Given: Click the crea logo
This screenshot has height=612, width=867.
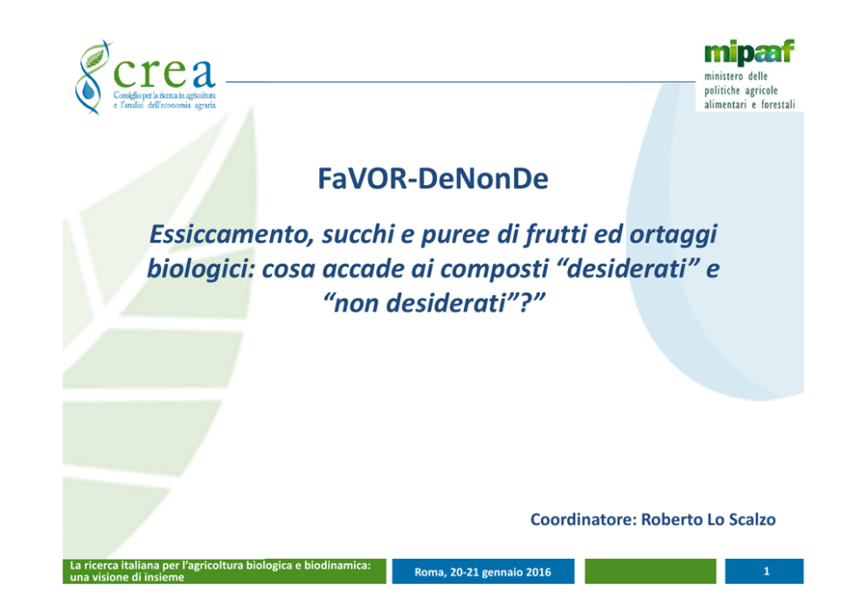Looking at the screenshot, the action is pos(145,78).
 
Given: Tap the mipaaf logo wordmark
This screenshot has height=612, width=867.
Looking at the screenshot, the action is pos(749,52).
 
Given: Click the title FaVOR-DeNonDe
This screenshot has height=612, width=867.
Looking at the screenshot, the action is pos(433,178).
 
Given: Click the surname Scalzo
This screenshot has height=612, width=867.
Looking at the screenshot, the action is pos(752,519).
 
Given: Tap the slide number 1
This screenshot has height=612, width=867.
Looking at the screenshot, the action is pos(766,571).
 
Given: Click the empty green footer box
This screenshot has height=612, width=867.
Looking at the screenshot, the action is pos(650,571).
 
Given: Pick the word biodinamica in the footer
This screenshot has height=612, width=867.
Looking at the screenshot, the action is pos(337,565).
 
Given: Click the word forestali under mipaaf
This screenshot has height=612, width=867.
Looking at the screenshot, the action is pos(778,105).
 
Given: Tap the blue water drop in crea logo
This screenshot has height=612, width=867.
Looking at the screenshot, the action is pos(88,90).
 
